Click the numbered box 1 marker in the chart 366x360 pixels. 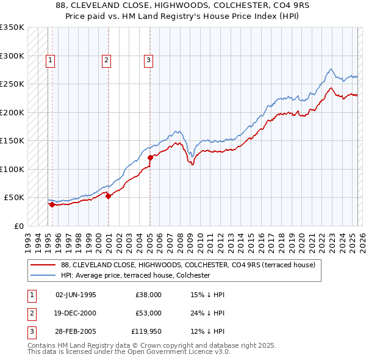tap(49, 60)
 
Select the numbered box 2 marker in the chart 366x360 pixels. tap(106, 60)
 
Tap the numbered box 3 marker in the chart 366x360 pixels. tap(148, 60)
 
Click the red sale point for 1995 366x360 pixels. tap(52, 205)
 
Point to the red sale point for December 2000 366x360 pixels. tap(108, 196)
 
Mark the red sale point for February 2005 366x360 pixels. tap(150, 158)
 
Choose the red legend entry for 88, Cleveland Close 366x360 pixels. tap(188, 265)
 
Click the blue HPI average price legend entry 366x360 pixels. tap(135, 275)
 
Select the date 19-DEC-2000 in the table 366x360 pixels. tap(76, 313)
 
